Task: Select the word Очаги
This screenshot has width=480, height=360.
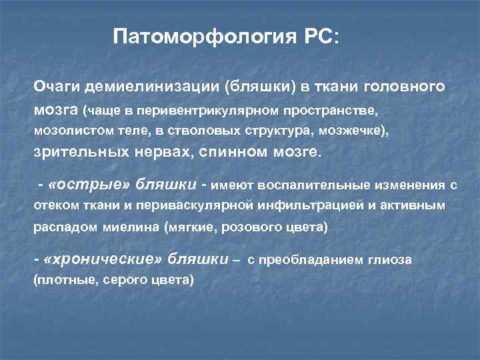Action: coord(56,88)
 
